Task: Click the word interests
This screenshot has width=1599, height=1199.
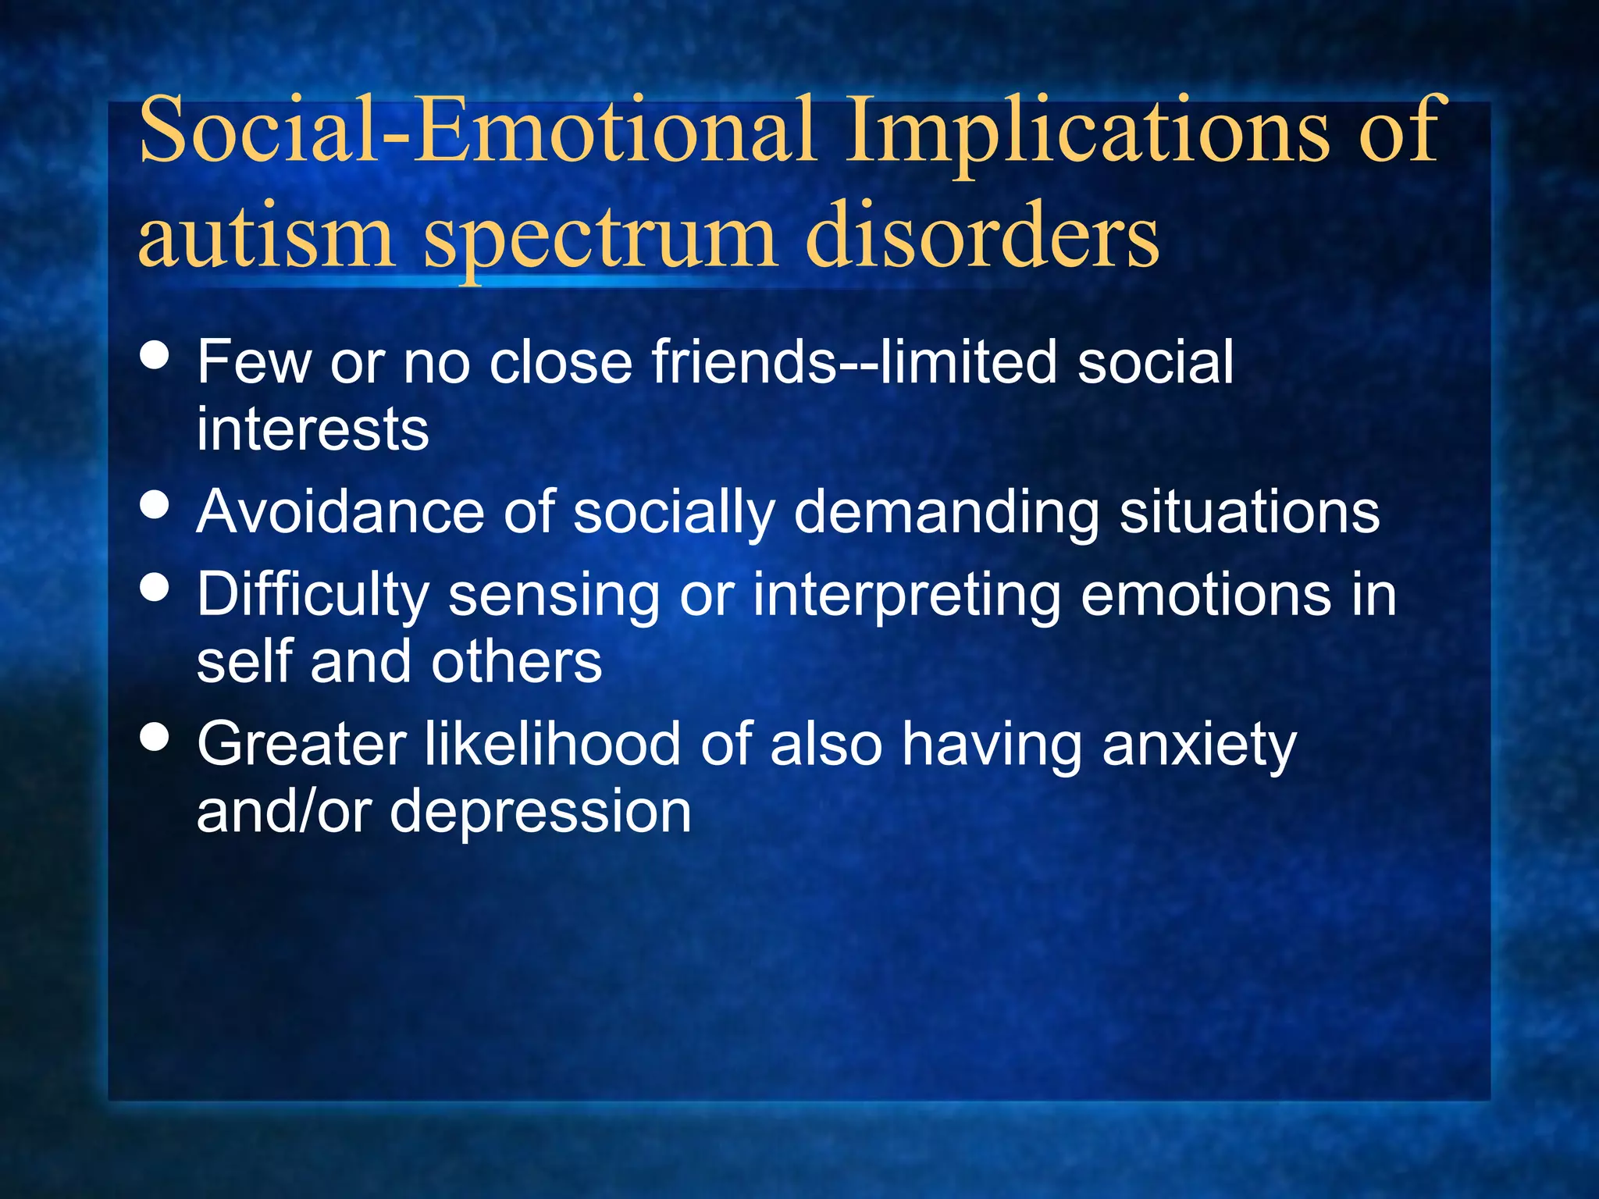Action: click(312, 429)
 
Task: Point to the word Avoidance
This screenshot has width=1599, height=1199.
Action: click(340, 512)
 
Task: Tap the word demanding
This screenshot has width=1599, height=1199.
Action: click(946, 512)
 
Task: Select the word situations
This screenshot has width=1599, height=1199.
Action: click(1249, 512)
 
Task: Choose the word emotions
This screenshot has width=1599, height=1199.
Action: click(1205, 595)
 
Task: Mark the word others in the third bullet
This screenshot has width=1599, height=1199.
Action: click(516, 662)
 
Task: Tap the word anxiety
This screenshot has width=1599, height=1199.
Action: click(1199, 745)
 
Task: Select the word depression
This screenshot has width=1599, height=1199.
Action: click(540, 812)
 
